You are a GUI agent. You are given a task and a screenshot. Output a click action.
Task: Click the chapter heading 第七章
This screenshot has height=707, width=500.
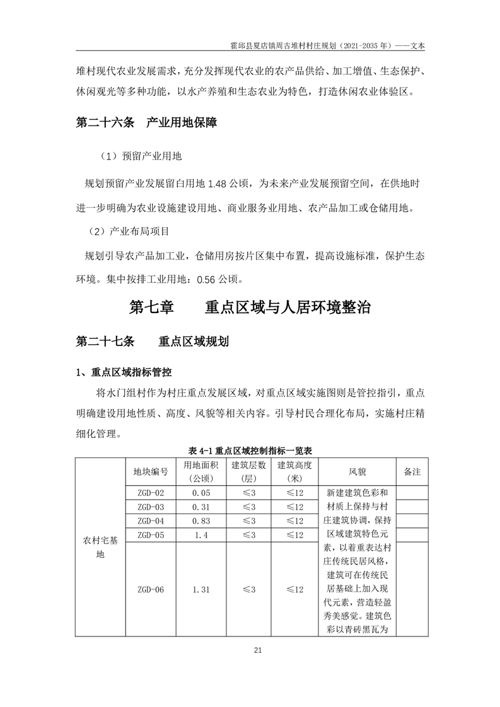click(x=151, y=308)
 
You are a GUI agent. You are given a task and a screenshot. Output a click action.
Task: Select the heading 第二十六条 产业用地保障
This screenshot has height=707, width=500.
click(x=146, y=124)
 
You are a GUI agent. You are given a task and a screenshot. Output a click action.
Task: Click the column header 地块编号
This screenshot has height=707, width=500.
click(x=150, y=472)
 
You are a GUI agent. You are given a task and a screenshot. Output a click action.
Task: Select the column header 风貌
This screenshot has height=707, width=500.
click(x=357, y=472)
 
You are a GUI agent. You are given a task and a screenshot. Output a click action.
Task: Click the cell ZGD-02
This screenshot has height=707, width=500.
click(x=150, y=493)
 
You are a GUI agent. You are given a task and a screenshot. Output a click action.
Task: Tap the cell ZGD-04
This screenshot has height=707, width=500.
click(x=150, y=521)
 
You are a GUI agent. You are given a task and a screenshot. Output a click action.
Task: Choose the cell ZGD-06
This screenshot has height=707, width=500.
click(x=150, y=590)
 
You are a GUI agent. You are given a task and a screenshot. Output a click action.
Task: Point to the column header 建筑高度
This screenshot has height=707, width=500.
click(x=295, y=466)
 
